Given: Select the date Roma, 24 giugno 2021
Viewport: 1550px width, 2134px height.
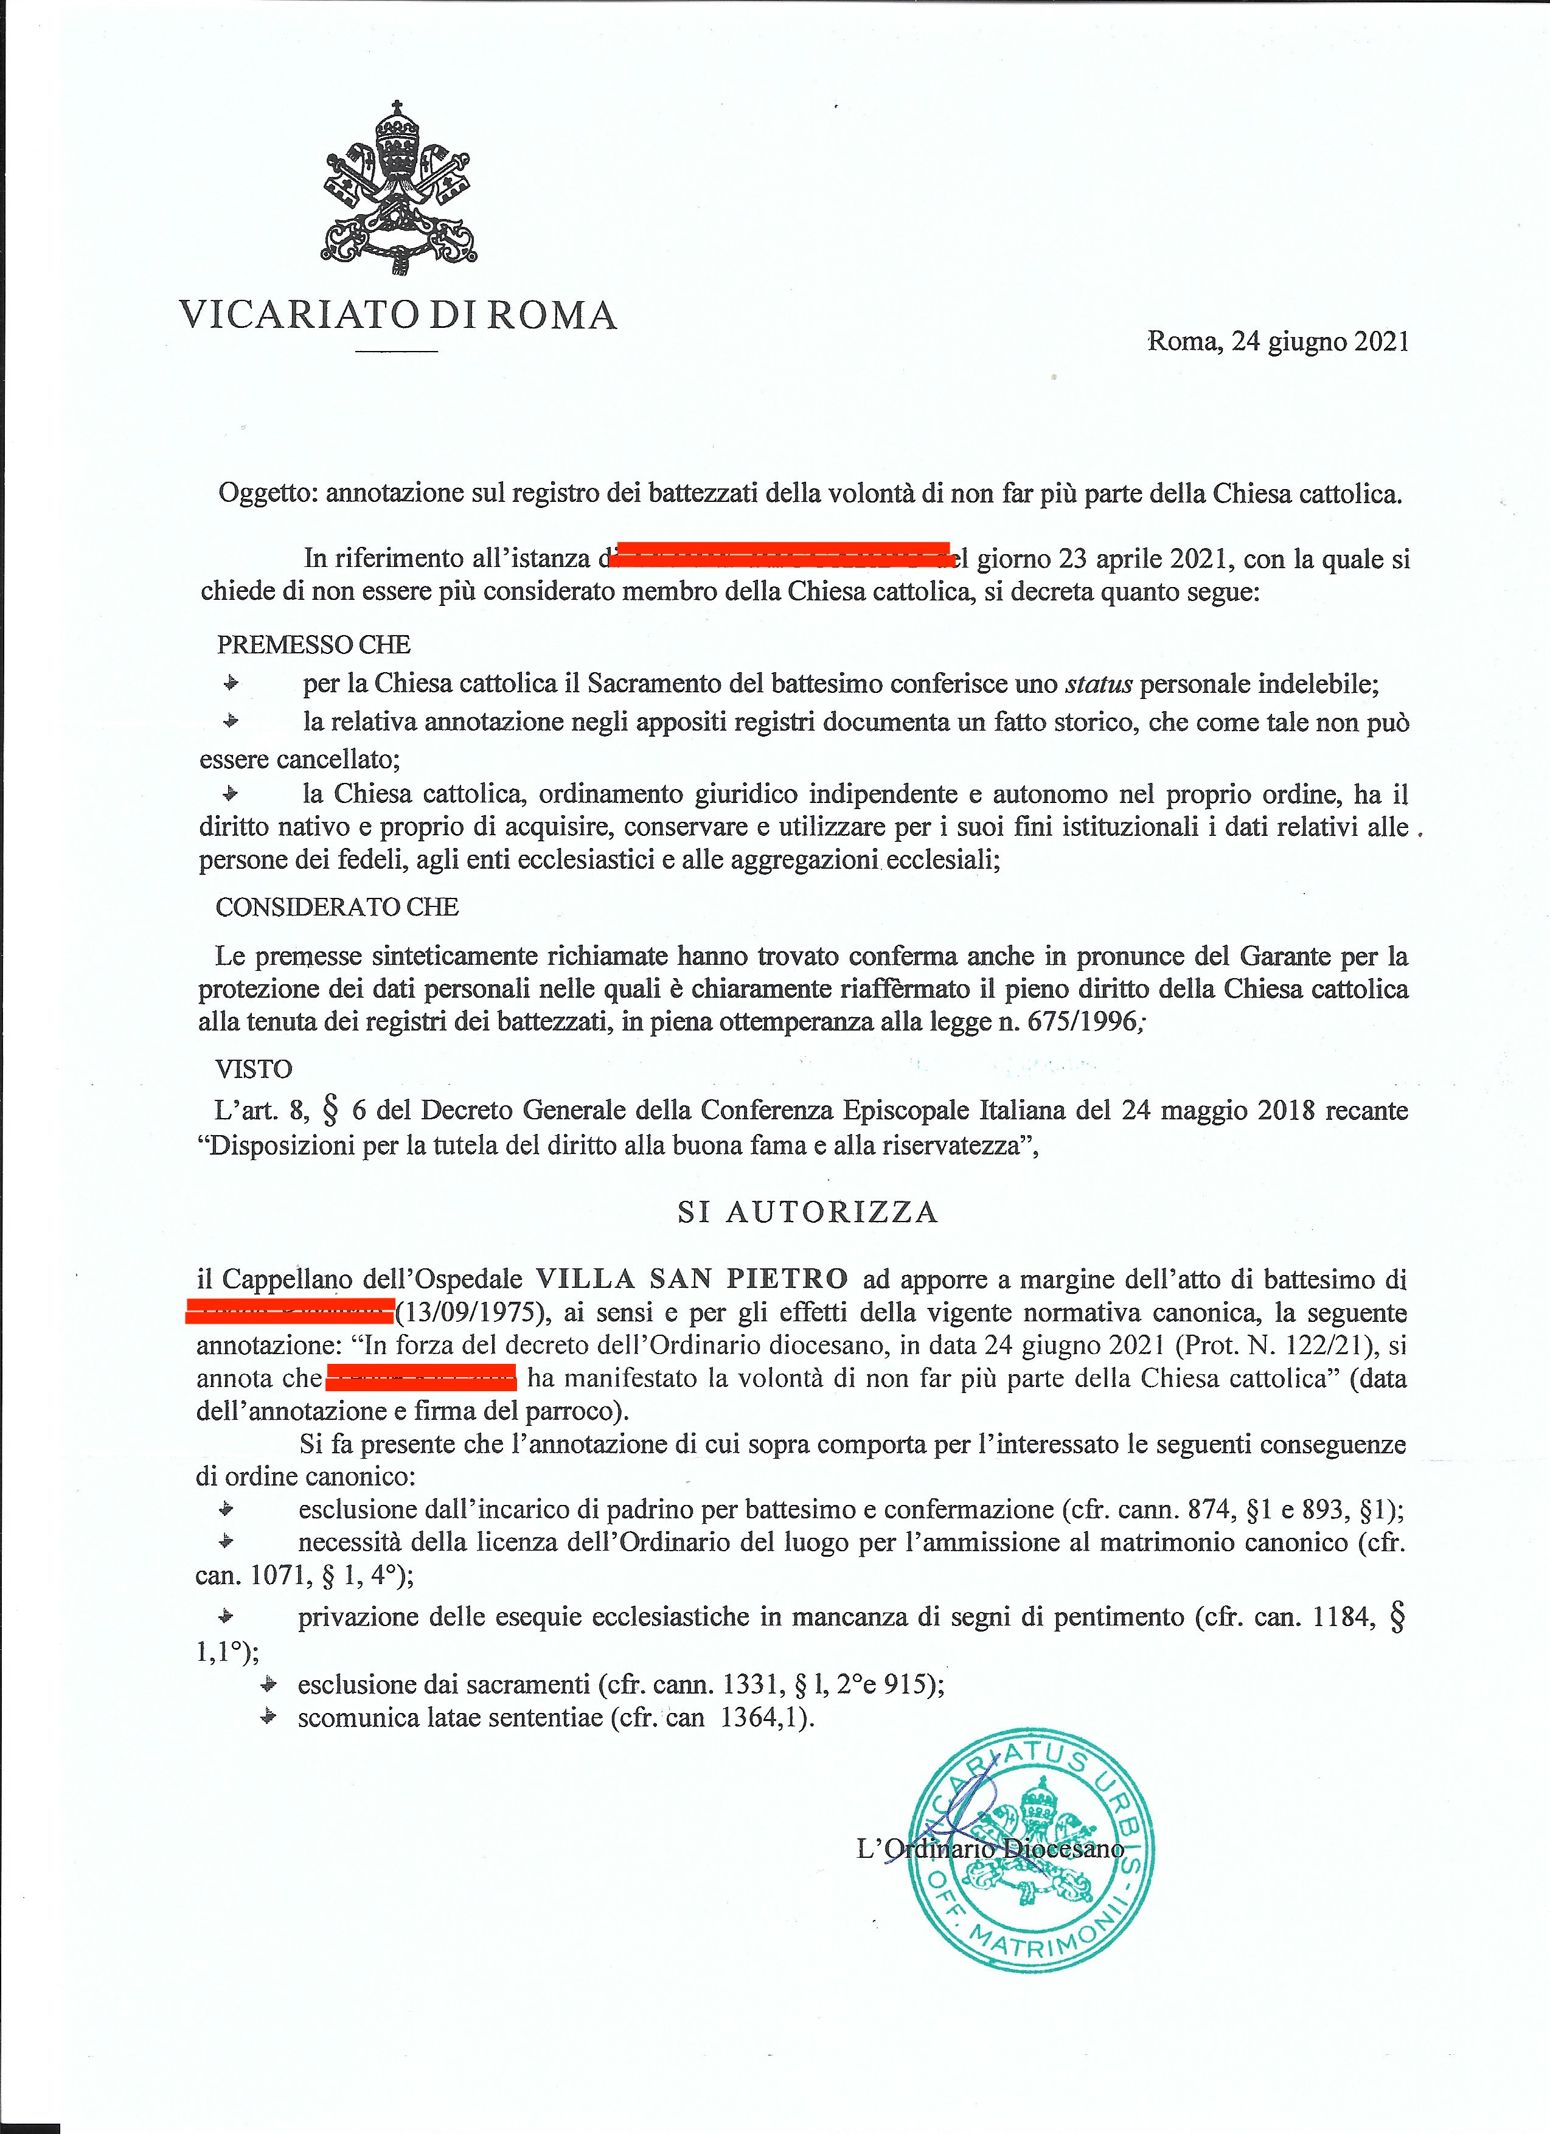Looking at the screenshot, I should (1277, 341).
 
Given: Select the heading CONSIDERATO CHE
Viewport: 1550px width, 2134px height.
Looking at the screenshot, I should (337, 907).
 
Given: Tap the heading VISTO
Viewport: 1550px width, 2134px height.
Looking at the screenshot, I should (253, 1069).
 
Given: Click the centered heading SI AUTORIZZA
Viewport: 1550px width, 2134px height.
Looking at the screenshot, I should (808, 1212).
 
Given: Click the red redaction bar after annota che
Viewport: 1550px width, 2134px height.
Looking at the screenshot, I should (421, 1377).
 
